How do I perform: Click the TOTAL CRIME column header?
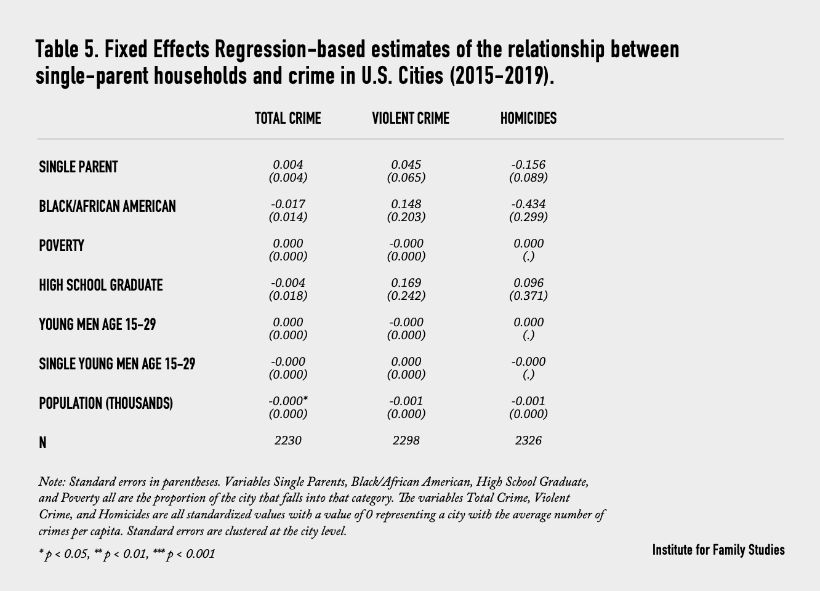[287, 118]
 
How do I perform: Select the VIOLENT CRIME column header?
[410, 118]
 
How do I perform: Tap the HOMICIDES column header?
[528, 118]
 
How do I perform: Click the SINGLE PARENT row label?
[78, 167]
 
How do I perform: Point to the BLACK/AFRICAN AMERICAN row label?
[107, 206]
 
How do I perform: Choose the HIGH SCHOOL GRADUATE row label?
[100, 285]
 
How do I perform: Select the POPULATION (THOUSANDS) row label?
[105, 403]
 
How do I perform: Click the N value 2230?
[287, 440]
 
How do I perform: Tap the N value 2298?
[406, 440]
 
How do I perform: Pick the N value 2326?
[528, 440]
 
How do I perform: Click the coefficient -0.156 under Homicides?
[528, 164]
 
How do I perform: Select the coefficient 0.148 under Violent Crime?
[406, 204]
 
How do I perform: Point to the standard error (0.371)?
[528, 295]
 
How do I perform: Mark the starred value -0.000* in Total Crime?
[288, 401]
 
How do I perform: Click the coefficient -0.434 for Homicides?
[528, 204]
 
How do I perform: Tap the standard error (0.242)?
[406, 295]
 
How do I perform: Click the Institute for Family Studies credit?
[718, 550]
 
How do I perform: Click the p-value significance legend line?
[127, 554]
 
